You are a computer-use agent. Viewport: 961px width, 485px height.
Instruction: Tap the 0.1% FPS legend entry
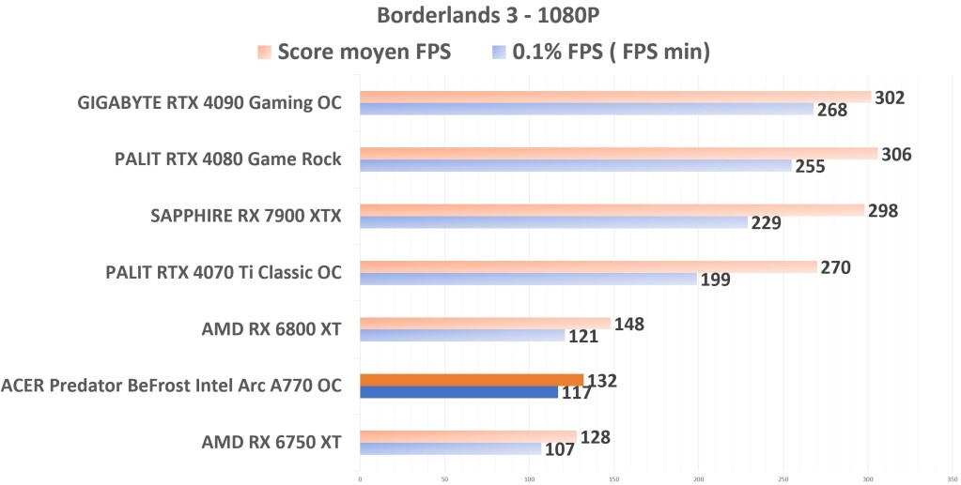coord(600,53)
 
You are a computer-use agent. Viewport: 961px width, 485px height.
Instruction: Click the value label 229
coord(766,223)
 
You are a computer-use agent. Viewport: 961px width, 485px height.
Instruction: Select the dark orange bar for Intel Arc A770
coord(471,380)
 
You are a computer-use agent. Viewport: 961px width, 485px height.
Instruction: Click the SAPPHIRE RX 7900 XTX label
coord(246,217)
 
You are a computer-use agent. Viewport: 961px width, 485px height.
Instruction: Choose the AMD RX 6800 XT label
coord(271,329)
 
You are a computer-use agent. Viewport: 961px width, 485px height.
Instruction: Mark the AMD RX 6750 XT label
coord(271,442)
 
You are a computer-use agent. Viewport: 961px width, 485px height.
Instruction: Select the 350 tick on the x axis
coord(952,477)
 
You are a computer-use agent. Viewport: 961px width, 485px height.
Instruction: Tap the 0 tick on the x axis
coord(360,477)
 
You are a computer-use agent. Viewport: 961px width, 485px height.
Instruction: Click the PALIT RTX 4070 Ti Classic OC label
coord(224,273)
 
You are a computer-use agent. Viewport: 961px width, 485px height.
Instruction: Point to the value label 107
coord(559,448)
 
